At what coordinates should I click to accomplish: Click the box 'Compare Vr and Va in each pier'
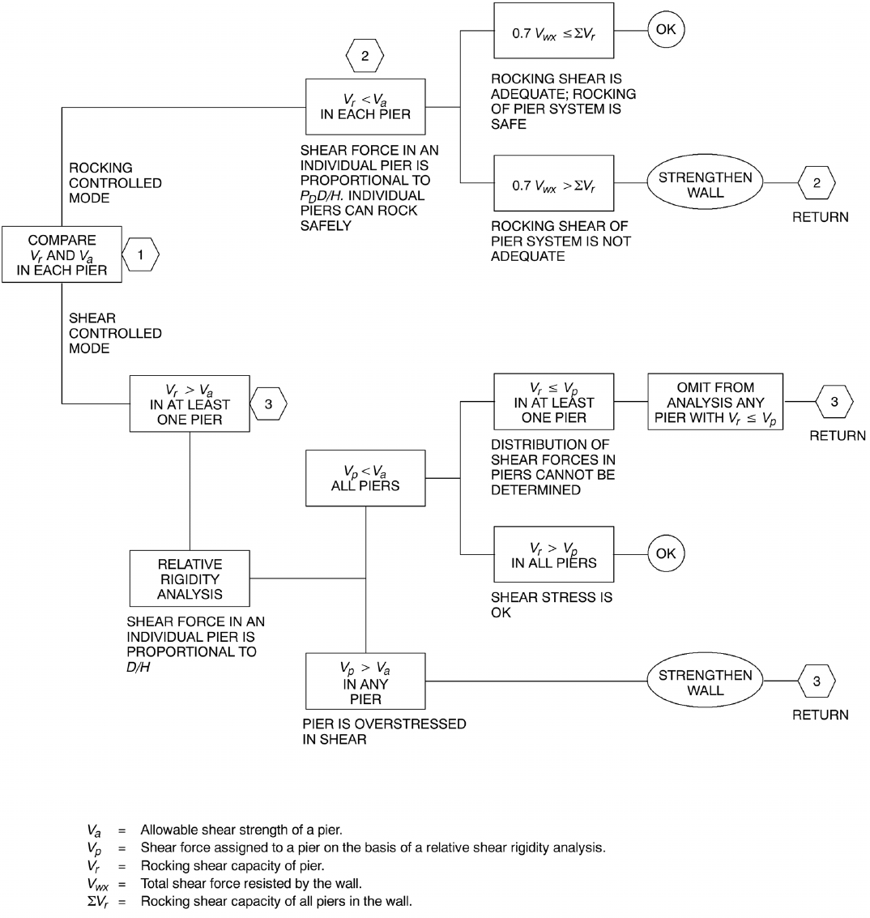62,254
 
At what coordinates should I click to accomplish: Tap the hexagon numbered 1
140,254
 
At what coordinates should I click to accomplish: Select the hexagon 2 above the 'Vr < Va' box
364,57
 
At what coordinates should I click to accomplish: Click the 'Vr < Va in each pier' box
365,106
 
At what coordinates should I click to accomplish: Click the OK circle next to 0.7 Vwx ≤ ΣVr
665,31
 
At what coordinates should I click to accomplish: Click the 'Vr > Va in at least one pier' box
190,403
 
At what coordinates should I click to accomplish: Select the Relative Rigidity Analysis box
190,579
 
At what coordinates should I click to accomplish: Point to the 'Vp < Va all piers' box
365,478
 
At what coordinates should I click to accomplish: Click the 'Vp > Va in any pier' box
365,681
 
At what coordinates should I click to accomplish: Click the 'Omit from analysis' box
715,401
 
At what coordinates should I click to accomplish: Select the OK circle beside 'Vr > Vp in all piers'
665,554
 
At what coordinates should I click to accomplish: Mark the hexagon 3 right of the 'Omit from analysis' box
834,401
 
